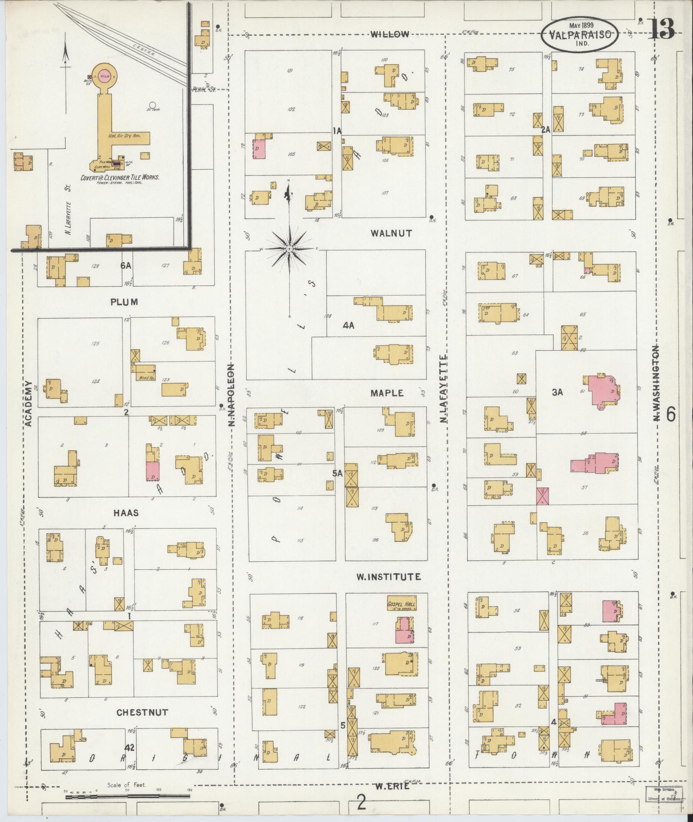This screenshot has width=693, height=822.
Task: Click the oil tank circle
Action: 152,104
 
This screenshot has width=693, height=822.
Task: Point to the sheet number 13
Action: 661,29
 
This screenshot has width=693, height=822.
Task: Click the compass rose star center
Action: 289,249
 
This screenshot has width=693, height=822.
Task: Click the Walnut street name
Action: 391,233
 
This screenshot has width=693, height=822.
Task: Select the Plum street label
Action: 124,302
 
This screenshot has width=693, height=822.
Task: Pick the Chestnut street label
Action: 142,712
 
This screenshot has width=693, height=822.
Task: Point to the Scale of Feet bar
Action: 128,796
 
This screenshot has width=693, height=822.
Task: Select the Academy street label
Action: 28,403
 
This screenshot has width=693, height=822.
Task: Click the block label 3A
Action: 557,392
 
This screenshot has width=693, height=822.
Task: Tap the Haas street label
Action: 126,513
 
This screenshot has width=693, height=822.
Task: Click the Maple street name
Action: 387,393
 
